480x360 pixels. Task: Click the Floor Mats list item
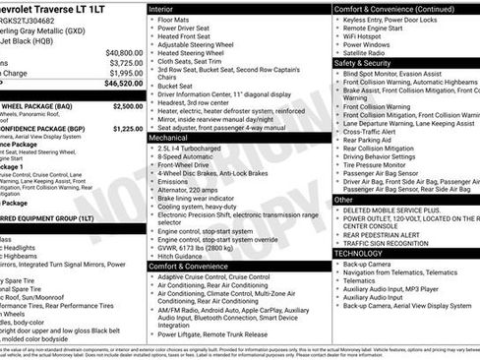coord(178,19)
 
